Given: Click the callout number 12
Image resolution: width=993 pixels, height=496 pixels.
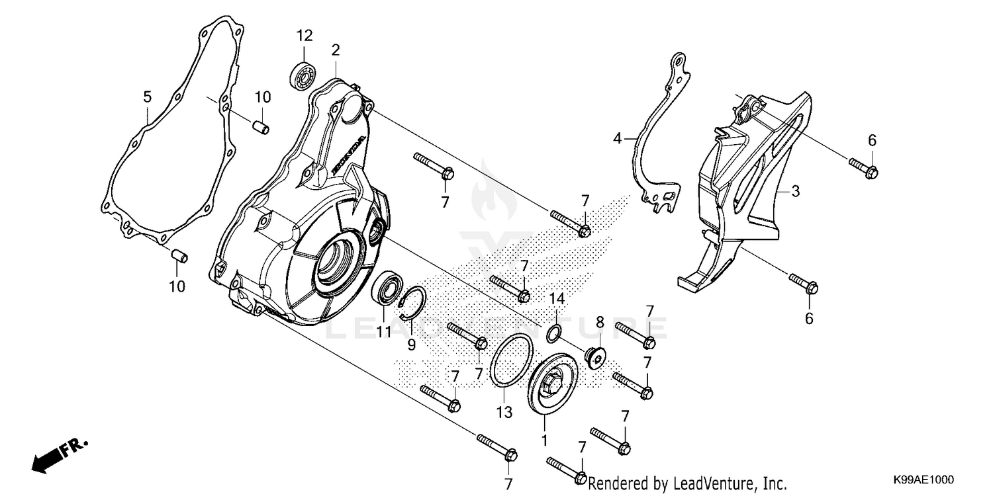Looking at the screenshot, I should pyautogui.click(x=304, y=35).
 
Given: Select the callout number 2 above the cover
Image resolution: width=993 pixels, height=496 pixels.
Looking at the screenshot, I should pyautogui.click(x=336, y=50).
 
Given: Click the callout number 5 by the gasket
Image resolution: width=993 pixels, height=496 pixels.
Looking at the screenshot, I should pyautogui.click(x=148, y=98).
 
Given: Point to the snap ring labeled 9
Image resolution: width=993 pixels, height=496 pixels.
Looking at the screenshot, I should pyautogui.click(x=413, y=302).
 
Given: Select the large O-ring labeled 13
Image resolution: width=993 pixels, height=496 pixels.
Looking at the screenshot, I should pyautogui.click(x=510, y=360).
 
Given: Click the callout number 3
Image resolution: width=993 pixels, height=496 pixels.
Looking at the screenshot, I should pyautogui.click(x=795, y=192).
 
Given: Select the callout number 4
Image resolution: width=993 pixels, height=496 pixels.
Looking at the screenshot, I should pyautogui.click(x=617, y=139).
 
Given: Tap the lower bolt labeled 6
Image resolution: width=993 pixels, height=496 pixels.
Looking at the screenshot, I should pyautogui.click(x=804, y=282).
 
